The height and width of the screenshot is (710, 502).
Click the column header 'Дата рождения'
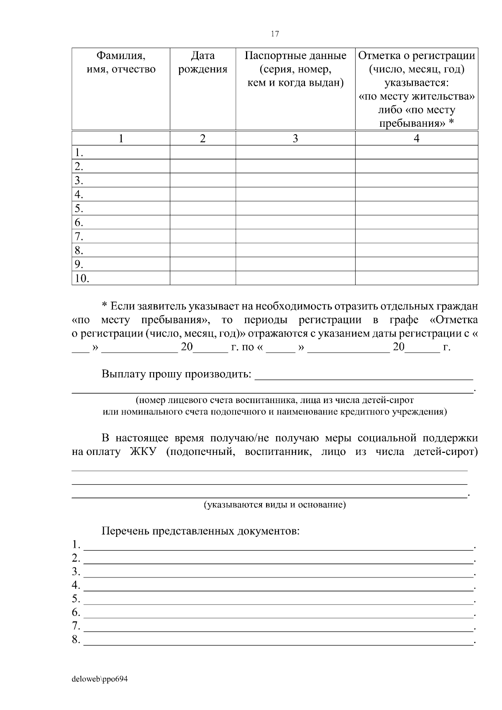pos(202,63)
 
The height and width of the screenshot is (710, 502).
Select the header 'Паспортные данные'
pos(295,56)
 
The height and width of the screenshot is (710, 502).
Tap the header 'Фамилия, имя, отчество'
pos(121,63)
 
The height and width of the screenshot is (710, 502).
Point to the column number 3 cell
pos(295,138)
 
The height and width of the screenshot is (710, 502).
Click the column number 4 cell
pos(416,138)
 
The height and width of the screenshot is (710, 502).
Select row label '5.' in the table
pos(79,208)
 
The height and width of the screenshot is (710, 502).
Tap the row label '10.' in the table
pos(82,278)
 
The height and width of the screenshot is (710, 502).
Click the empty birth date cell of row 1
pos(202,152)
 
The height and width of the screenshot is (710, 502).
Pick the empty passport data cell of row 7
pos(295,236)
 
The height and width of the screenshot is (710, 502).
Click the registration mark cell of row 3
pos(416,180)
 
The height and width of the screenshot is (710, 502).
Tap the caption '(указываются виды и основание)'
pos(274,505)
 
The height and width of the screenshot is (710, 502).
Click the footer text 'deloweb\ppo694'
pos(100,679)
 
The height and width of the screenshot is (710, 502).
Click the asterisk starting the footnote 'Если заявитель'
pos(105,306)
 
